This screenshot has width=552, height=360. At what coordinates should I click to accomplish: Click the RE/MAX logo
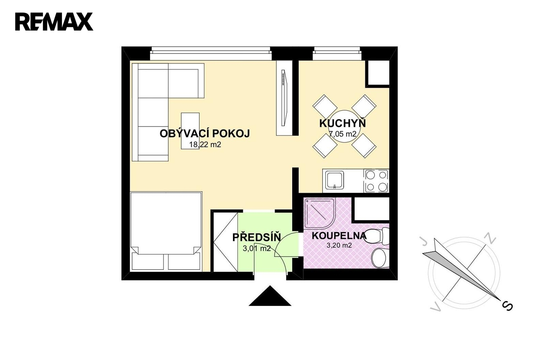[54, 22]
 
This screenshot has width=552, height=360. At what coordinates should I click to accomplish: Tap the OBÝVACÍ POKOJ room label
[205, 133]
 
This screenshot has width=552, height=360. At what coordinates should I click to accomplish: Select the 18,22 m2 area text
[205, 144]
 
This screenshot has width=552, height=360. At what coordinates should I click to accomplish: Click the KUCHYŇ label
[343, 123]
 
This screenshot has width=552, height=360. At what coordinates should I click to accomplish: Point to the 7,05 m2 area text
[343, 134]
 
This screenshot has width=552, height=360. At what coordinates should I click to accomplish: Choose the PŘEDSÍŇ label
[257, 237]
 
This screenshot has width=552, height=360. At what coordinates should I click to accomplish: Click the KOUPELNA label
[339, 236]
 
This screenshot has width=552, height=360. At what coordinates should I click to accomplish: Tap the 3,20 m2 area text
[339, 245]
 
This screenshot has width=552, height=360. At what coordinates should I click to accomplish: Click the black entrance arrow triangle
[270, 296]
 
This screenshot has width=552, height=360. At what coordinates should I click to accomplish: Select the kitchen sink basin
[334, 180]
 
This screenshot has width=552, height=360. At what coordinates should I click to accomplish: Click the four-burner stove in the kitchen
[376, 181]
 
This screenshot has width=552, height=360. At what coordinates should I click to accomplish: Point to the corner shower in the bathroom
[320, 213]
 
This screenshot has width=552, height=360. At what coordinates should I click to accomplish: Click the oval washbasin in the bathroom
[379, 258]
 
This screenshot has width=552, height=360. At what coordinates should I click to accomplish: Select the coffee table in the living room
[190, 131]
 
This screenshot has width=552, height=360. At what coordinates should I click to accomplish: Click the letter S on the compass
[507, 306]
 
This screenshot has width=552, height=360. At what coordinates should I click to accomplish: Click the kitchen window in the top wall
[337, 53]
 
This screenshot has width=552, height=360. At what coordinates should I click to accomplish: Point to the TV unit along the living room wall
[284, 98]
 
